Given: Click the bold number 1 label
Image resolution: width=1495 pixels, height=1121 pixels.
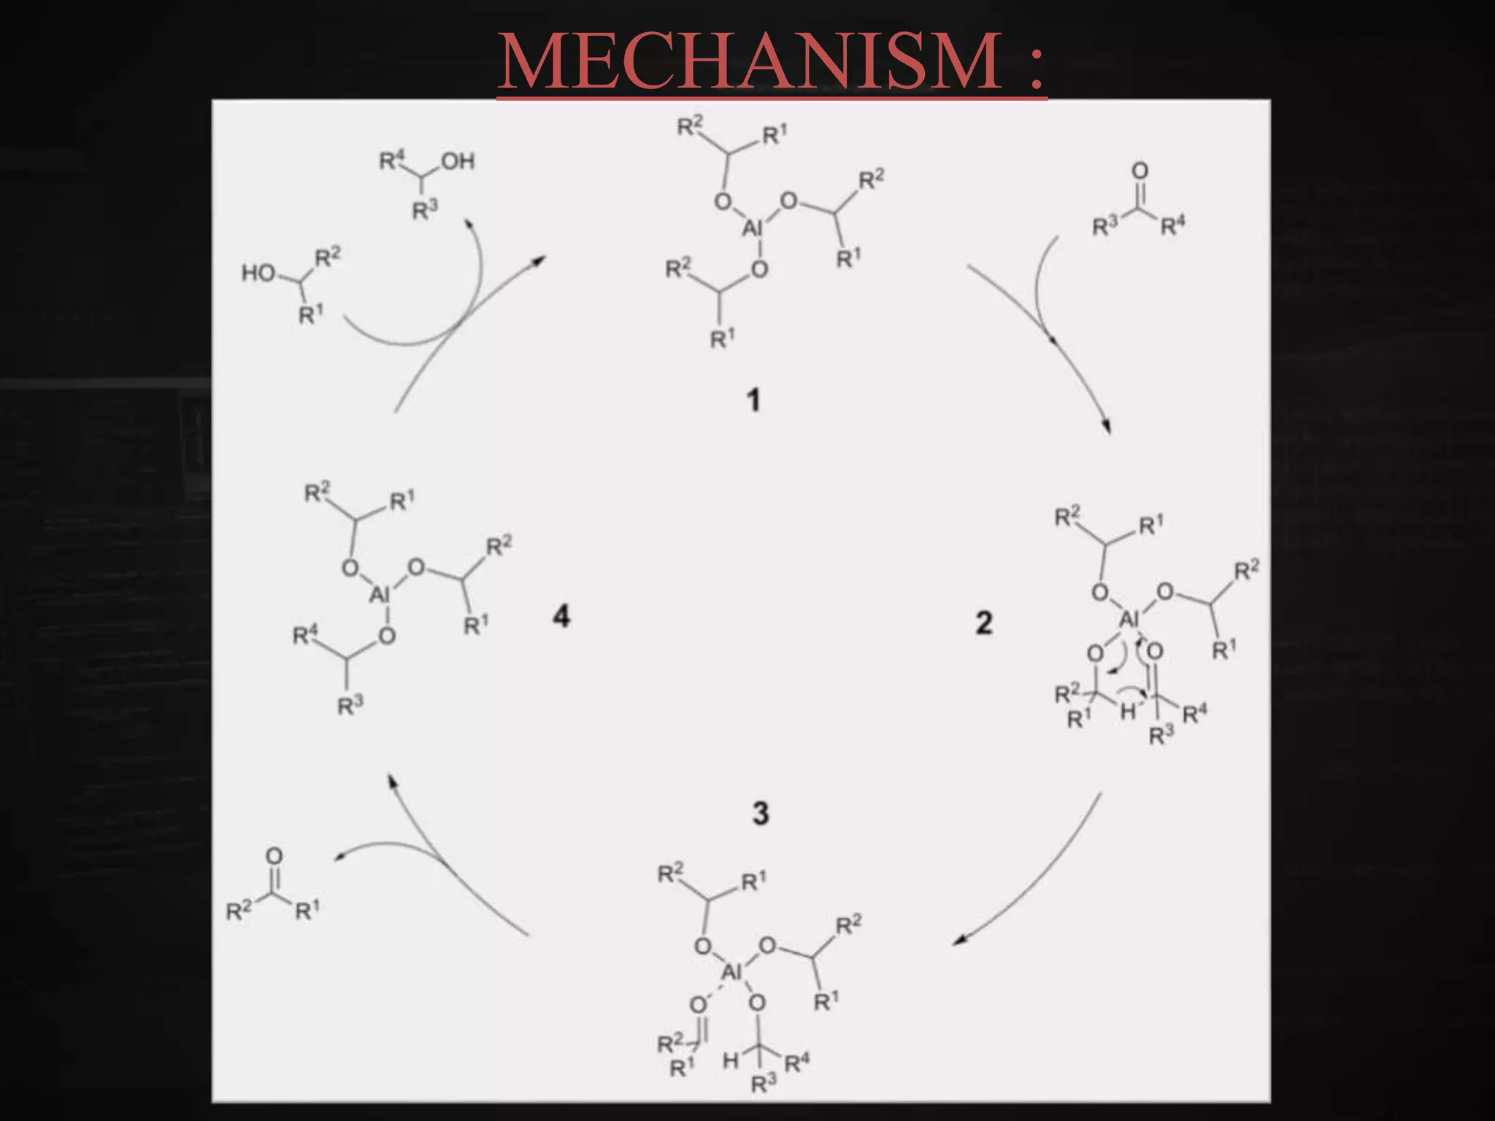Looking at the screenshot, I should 754,400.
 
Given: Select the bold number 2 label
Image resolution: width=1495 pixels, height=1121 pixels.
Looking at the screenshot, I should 984,623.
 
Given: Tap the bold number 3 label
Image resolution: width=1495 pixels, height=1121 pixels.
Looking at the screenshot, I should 761,813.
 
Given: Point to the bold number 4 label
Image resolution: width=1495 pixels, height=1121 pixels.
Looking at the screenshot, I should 561,617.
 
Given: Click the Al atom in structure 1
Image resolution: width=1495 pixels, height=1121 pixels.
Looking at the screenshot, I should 752,228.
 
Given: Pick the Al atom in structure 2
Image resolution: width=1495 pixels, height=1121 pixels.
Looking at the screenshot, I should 1129,620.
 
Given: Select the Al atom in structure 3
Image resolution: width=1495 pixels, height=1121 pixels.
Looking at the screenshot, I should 731,971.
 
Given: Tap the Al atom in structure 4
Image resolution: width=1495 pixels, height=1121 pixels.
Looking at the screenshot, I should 380,595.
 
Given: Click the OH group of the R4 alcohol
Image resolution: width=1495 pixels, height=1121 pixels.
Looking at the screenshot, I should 458,161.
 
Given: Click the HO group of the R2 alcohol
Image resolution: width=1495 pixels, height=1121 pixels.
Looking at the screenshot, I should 258,273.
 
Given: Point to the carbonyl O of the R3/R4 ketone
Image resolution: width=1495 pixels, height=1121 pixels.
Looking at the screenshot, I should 1139,171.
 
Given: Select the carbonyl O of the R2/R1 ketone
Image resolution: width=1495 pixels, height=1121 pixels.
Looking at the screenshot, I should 274,855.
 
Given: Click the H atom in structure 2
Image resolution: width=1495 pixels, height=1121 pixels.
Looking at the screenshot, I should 1128,711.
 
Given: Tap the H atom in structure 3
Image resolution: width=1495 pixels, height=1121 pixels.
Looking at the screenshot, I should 730,1060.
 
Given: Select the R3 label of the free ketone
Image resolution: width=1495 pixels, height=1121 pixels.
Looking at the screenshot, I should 1104,226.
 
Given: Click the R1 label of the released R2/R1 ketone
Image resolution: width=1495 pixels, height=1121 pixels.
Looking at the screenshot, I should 307,910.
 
